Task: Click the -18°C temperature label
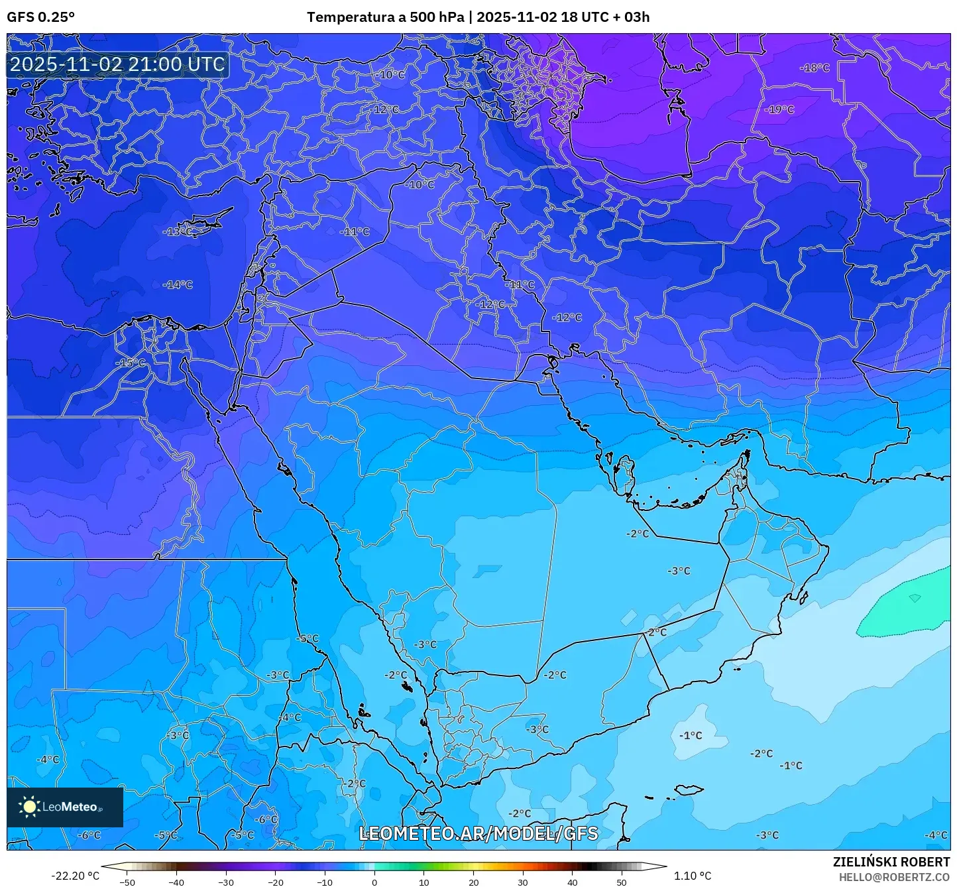815,68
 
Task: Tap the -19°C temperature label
779,109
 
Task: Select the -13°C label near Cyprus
178,231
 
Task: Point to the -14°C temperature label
178,284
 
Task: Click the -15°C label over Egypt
131,363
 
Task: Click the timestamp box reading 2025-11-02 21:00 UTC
117,64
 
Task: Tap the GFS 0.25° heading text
41,17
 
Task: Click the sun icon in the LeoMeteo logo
29,807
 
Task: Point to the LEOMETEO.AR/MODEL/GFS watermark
478,833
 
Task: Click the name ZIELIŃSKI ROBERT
891,862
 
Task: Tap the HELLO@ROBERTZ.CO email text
894,876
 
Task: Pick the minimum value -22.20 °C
75,876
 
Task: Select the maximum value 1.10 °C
693,876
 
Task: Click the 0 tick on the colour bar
374,882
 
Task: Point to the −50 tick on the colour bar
127,882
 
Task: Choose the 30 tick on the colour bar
523,882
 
